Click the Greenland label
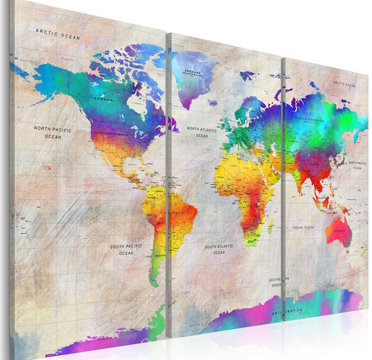click(x=193, y=72)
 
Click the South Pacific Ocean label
click(x=126, y=250)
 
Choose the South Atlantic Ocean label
click(x=219, y=249)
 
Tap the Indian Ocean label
click(x=303, y=228)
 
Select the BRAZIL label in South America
click(x=178, y=213)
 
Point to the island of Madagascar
click(x=270, y=224)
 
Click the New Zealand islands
click(x=364, y=249)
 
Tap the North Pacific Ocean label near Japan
click(x=358, y=165)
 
